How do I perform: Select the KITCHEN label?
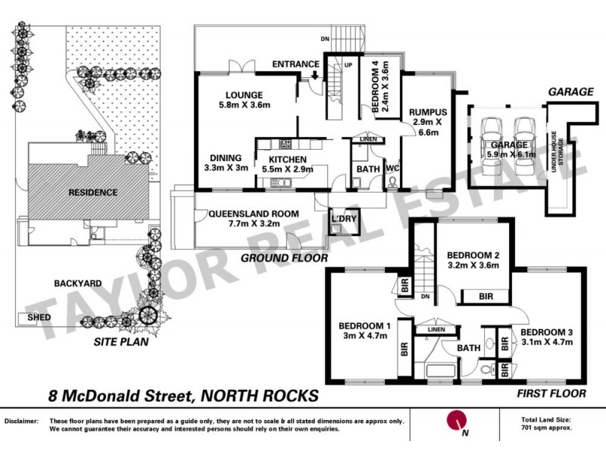[286, 159]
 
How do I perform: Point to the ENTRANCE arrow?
[314, 75]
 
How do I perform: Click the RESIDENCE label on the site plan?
[73, 192]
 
